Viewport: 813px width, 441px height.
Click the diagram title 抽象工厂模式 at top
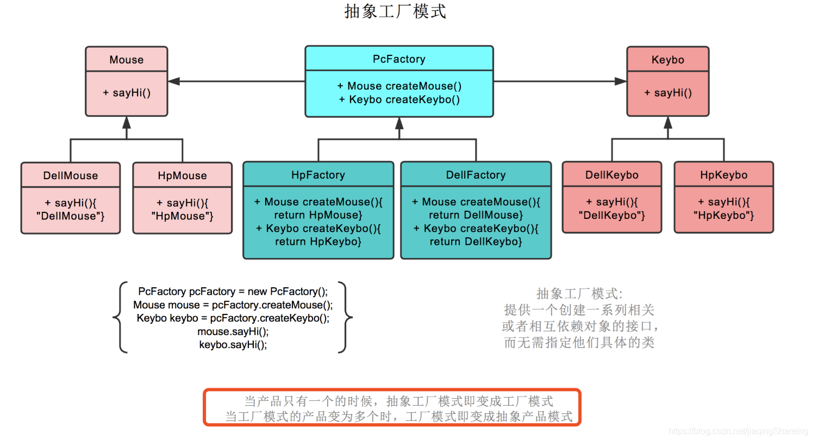(395, 11)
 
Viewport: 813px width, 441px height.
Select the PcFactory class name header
(399, 59)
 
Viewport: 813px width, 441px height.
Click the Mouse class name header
(127, 60)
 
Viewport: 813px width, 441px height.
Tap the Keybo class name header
(667, 60)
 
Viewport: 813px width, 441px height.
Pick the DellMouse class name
(71, 175)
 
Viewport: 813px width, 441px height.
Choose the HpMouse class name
(182, 175)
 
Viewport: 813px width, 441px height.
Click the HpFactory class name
(318, 175)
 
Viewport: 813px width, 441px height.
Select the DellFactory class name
(476, 175)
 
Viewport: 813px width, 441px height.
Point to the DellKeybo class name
(612, 175)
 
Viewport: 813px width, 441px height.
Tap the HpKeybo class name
(723, 175)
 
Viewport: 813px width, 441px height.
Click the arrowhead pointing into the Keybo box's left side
(621, 81)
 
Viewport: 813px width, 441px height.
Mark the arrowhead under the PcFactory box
(399, 123)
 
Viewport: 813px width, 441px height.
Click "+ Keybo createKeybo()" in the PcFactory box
(399, 99)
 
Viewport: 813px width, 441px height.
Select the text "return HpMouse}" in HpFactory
(318, 215)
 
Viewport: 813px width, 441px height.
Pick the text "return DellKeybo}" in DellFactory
(476, 241)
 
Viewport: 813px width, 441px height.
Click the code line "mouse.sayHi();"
(233, 331)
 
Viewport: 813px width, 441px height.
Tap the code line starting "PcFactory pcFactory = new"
(233, 291)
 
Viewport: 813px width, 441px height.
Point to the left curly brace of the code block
(118, 317)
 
